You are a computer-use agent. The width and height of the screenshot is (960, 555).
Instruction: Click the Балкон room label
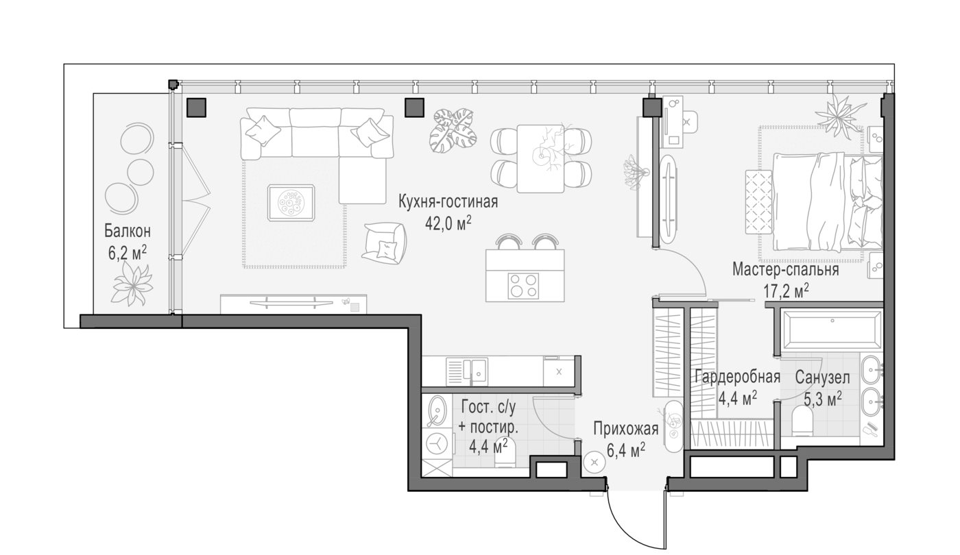pos(128,232)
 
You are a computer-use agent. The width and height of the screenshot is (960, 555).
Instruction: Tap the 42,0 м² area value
pos(448,223)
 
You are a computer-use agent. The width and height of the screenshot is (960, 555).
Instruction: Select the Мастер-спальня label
pos(786,270)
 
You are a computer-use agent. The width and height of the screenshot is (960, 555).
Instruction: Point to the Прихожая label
pos(625,428)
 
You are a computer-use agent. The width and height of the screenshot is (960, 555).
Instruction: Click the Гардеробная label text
pos(737,377)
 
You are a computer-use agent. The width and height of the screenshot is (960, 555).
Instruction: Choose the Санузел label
pos(822,378)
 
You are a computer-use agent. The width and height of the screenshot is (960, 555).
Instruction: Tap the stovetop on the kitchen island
pos(523,286)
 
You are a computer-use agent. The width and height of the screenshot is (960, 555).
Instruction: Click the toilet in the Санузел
pos(802,421)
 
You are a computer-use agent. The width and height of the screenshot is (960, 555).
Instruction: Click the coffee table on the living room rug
pos(291,203)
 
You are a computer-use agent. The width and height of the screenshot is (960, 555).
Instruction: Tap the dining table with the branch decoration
pos(540,158)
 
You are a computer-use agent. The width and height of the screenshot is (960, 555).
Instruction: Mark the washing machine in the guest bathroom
pos(437,443)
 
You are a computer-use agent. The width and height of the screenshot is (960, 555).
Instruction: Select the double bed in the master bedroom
pos(827,201)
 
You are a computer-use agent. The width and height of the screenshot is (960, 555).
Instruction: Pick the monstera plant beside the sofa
pos(453,131)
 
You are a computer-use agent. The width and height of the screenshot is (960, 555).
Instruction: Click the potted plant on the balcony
pos(132,284)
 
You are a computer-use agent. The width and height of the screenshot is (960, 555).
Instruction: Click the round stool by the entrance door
pos(595,463)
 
